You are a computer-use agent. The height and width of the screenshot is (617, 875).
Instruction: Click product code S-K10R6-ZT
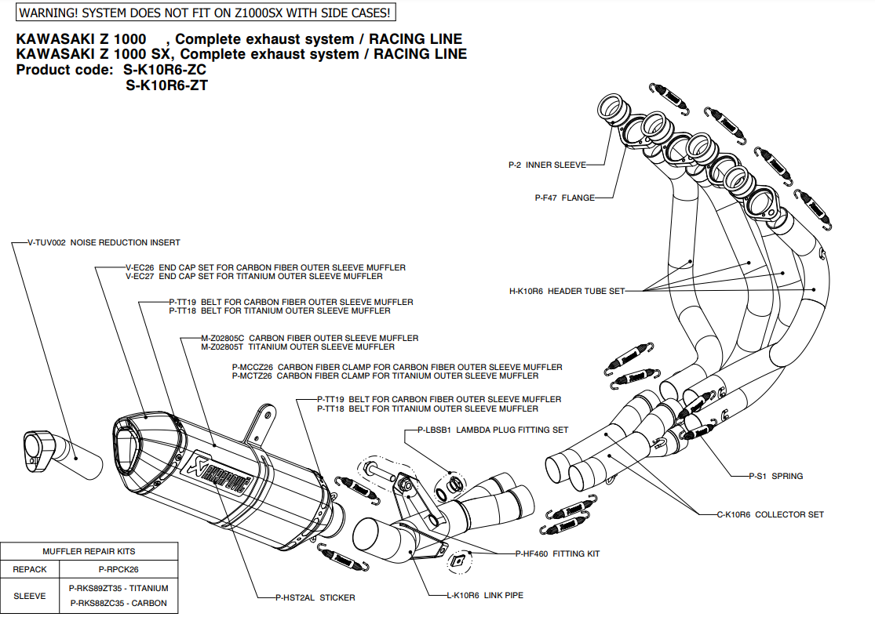coord(166,86)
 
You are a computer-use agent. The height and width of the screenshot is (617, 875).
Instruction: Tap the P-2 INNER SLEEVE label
coord(547,165)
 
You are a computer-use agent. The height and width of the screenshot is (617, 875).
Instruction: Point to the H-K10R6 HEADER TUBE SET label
coord(567,291)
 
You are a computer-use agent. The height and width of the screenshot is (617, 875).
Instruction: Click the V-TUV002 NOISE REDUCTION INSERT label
coord(104,243)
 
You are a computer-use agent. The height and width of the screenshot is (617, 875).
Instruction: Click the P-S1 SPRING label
coord(776,476)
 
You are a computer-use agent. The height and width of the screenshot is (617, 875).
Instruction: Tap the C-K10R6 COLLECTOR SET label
coord(771,514)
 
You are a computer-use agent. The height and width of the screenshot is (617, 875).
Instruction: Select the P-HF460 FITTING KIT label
coord(557,553)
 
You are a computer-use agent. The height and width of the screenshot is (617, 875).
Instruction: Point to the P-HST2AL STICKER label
coord(315,597)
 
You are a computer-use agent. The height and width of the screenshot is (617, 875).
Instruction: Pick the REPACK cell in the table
coord(30,570)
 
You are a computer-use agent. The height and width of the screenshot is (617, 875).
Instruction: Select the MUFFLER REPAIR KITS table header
coord(89,551)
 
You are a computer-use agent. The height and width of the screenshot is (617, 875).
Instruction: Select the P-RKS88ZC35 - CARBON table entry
coord(118,603)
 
